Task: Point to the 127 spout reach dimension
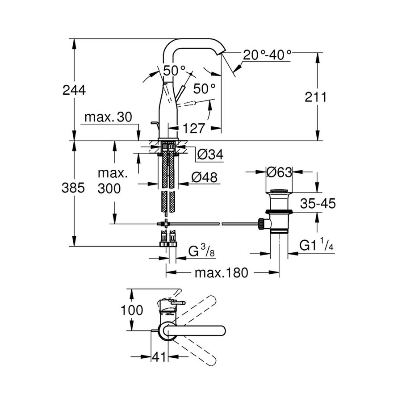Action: click(193, 128)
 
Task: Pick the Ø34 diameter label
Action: click(209, 155)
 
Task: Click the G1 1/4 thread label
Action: click(316, 245)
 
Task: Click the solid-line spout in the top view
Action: click(197, 331)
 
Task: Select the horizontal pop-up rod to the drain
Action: click(210, 222)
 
